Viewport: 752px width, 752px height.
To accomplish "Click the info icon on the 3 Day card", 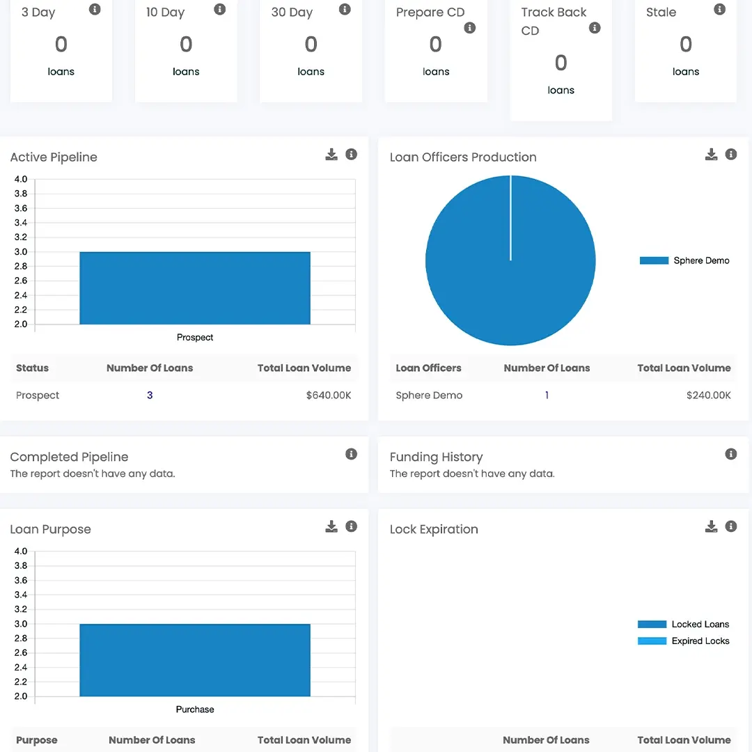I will (95, 10).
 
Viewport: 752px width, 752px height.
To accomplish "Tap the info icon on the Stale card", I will (719, 10).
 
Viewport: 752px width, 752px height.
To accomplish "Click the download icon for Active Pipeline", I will (331, 155).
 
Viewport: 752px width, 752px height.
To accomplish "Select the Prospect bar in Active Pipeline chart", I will (195, 288).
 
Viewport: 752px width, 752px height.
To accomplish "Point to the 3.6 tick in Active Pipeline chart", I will (21, 208).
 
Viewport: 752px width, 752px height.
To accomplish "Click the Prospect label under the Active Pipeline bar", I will (195, 338).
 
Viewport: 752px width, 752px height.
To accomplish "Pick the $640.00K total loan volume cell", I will (328, 395).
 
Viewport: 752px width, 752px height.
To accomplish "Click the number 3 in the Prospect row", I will (150, 395).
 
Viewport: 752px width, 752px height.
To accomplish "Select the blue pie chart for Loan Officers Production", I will (510, 260).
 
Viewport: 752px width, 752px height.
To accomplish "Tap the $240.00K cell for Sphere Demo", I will (708, 395).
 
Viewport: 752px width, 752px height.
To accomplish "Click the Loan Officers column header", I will (428, 368).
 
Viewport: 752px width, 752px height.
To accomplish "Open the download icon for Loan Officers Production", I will (711, 155).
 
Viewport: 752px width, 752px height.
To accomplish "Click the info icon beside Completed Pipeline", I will (352, 454).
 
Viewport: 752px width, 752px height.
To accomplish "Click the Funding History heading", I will (436, 457).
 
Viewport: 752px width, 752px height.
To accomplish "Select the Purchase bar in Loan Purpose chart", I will (195, 660).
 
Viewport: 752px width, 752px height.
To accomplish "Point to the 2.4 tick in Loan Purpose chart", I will (21, 667).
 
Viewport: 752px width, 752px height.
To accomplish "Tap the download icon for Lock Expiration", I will (711, 526).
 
